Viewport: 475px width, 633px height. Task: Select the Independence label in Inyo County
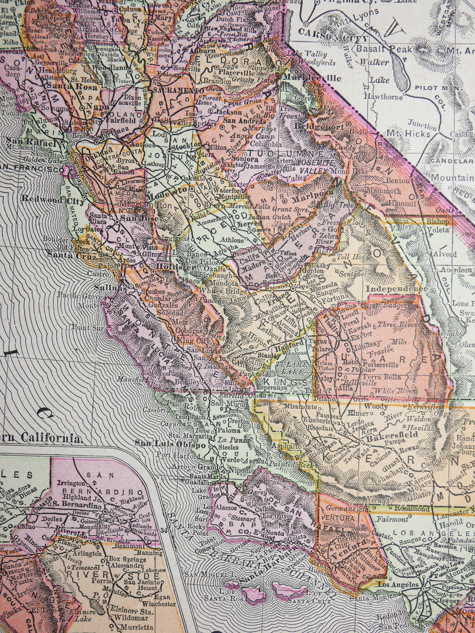point(396,289)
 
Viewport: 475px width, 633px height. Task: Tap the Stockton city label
point(187,145)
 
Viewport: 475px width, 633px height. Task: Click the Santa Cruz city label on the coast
point(71,256)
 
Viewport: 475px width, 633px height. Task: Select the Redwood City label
point(55,200)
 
